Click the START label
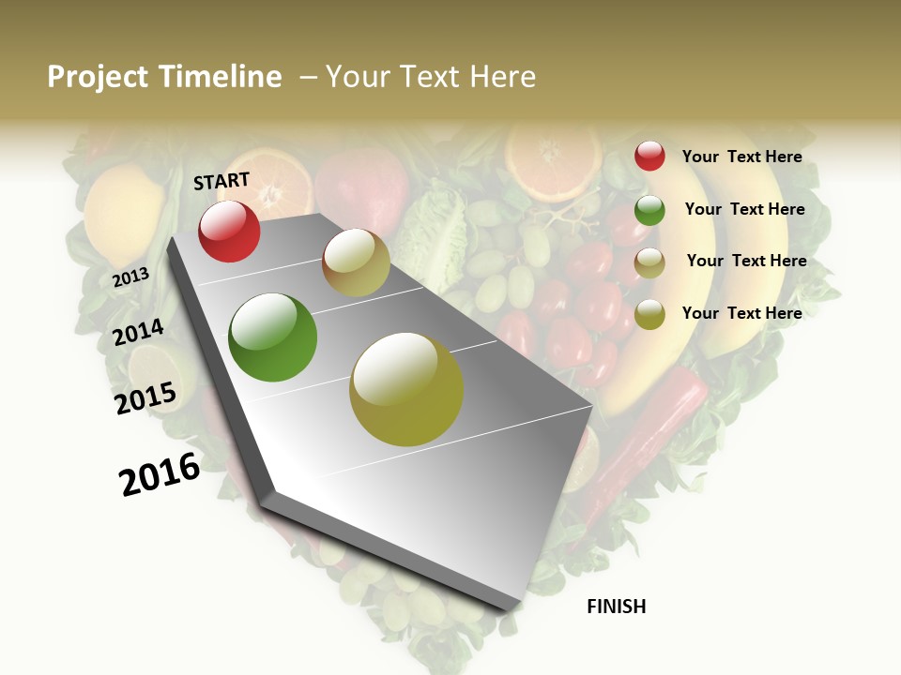(x=221, y=181)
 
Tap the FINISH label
(x=616, y=607)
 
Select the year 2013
(x=130, y=277)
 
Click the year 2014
(x=138, y=332)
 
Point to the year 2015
(x=145, y=398)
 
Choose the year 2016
(x=160, y=473)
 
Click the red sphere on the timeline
(x=229, y=231)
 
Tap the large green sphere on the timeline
(x=273, y=337)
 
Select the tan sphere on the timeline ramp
(x=356, y=262)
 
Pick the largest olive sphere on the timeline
(x=406, y=389)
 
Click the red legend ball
(x=649, y=157)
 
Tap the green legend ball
(x=649, y=210)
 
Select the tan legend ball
(x=649, y=262)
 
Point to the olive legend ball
(x=649, y=315)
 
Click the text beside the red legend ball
(x=741, y=157)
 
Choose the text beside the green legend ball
(x=744, y=209)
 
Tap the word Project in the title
(x=98, y=77)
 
